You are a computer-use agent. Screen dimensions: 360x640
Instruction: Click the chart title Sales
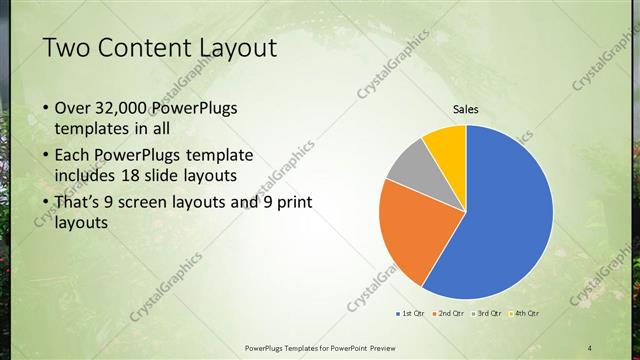(466, 109)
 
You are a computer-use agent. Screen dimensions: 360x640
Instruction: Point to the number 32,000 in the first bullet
(129, 108)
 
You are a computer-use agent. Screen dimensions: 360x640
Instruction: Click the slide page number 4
(590, 347)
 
